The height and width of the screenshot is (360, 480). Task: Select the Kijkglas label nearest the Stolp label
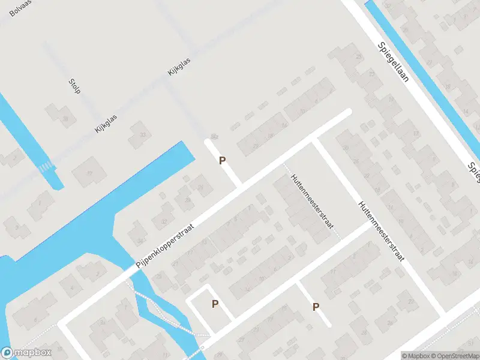pyautogui.click(x=106, y=124)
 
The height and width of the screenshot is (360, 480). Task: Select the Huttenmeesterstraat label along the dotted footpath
pyautogui.click(x=311, y=205)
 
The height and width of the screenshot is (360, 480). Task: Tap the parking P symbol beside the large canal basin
pyautogui.click(x=222, y=161)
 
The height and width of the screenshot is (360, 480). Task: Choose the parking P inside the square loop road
pyautogui.click(x=215, y=304)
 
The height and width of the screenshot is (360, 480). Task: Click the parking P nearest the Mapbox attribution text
pyautogui.click(x=316, y=307)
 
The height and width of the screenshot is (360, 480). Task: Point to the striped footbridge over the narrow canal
pyautogui.click(x=46, y=166)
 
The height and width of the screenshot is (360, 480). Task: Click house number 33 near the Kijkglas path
pyautogui.click(x=143, y=134)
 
